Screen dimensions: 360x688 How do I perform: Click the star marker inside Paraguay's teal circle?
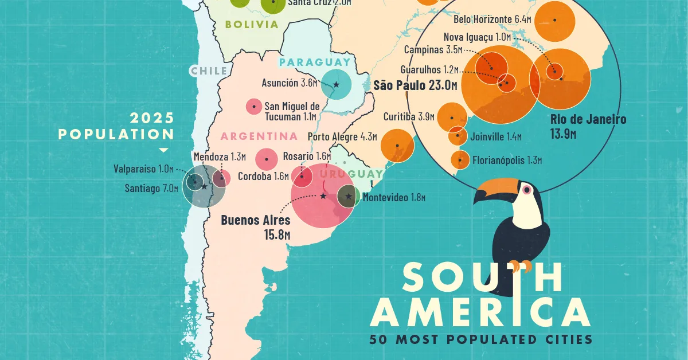336,85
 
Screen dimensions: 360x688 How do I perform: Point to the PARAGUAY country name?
315,62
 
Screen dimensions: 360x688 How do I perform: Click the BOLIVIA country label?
252,25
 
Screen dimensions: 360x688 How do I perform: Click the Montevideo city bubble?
347,197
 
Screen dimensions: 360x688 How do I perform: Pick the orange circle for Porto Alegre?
397,145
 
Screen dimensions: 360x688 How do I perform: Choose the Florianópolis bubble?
460,160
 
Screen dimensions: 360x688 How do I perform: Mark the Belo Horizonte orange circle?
557,19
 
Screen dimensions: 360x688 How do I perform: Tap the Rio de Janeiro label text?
588,126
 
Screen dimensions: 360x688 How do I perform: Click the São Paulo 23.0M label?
415,86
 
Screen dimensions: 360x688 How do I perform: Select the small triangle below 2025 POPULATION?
163,150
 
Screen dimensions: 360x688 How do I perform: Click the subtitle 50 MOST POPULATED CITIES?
480,339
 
